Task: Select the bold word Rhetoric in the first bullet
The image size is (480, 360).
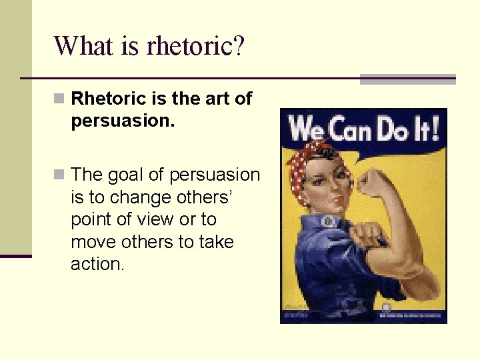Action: pyautogui.click(x=109, y=99)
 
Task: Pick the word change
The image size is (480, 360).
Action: pyautogui.click(x=146, y=197)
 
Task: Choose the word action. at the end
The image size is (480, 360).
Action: pyautogui.click(x=97, y=263)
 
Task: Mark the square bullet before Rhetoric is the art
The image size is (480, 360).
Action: pyautogui.click(x=60, y=99)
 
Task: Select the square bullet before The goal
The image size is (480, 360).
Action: pyautogui.click(x=60, y=175)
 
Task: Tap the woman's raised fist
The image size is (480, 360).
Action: pyautogui.click(x=373, y=182)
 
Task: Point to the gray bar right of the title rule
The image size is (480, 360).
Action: pyautogui.click(x=407, y=79)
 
